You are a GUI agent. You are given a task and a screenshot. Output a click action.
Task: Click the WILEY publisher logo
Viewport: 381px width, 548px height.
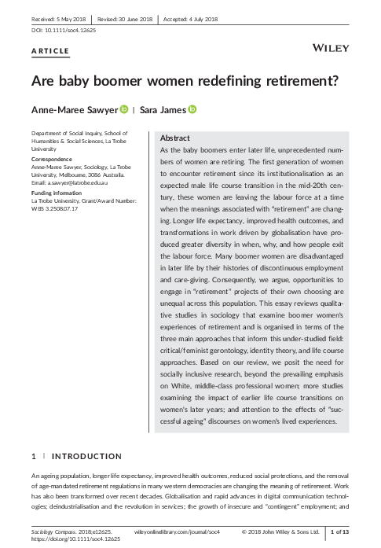331,49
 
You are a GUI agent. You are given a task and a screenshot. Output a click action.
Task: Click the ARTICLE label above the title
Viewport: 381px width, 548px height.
50,51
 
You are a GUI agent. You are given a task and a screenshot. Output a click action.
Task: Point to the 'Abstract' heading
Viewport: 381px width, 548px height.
174,138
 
